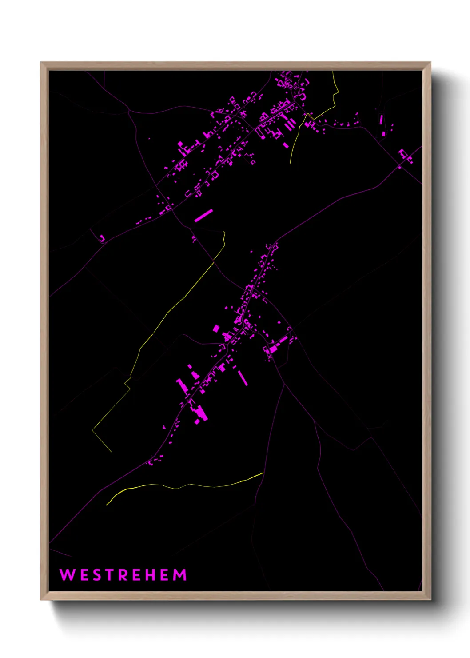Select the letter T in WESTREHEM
pyautogui.click(x=111, y=575)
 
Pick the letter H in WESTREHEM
pyautogui.click(x=152, y=575)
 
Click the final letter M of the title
pyautogui.click(x=180, y=575)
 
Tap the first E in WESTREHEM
pyautogui.click(x=84, y=575)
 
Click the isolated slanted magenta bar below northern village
pyautogui.click(x=203, y=215)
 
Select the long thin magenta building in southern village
pyautogui.click(x=243, y=377)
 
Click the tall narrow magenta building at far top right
pyautogui.click(x=381, y=120)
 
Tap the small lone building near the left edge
pyautogui.click(x=102, y=239)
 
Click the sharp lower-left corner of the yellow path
pyautogui.click(x=93, y=430)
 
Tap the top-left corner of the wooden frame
pyautogui.click(x=42, y=63)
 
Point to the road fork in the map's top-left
pyautogui.click(x=129, y=111)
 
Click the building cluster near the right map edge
pyautogui.click(x=404, y=156)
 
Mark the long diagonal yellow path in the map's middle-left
pyautogui.click(x=178, y=302)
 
